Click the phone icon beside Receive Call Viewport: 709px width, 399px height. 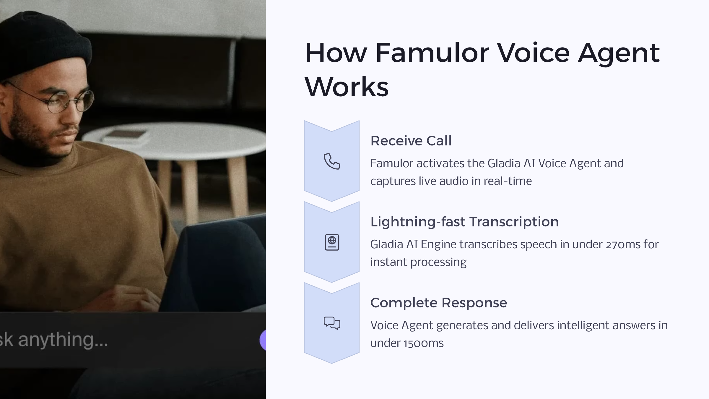pos(332,161)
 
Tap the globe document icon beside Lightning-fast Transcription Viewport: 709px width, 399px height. pos(332,242)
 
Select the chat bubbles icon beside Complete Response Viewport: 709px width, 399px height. pos(332,323)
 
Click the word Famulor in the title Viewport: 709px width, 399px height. pos(432,53)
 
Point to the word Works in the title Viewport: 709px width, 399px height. pos(347,87)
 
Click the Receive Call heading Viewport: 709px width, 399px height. pos(411,141)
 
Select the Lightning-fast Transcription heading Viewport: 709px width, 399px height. pos(464,222)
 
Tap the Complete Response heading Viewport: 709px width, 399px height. pos(439,303)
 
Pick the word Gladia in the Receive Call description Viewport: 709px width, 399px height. pos(504,163)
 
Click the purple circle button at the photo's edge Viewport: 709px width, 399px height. pos(263,340)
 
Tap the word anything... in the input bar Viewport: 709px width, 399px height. pos(63,340)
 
